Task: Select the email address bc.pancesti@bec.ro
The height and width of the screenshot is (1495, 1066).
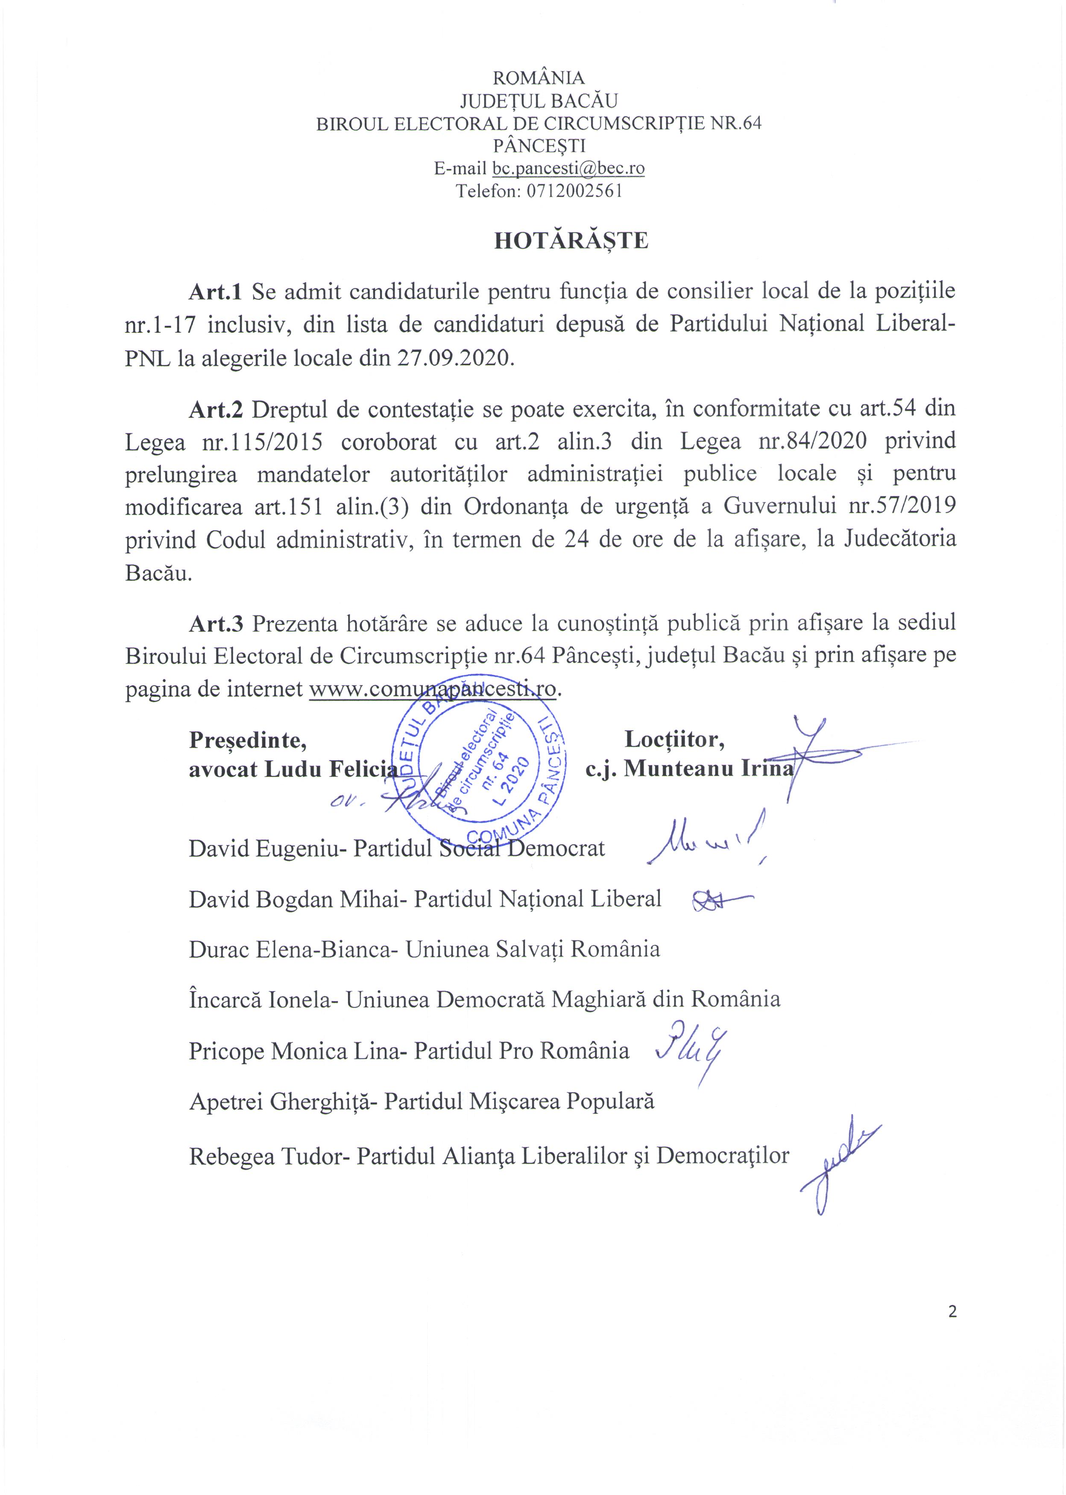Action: point(568,169)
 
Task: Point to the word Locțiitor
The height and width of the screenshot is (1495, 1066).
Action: point(674,740)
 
